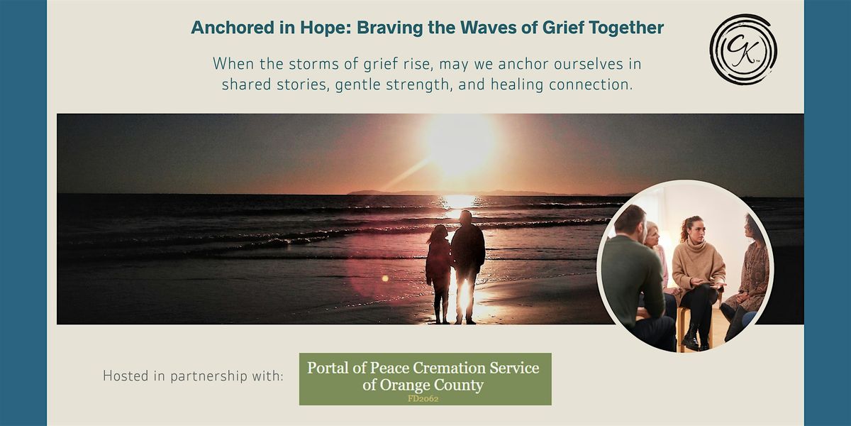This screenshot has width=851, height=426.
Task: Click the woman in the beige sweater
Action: [x=699, y=266]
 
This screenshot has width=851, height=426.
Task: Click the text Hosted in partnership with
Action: [x=193, y=376]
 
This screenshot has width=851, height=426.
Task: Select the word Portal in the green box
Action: [x=329, y=368]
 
